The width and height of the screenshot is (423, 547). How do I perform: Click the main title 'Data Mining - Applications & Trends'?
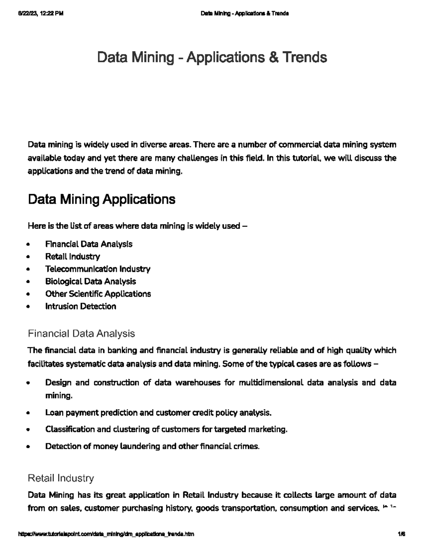(x=212, y=57)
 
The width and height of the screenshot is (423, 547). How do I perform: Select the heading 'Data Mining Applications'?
(x=102, y=199)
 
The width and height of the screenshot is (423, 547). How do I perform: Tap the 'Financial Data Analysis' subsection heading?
(x=81, y=333)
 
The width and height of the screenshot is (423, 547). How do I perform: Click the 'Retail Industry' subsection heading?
(x=61, y=478)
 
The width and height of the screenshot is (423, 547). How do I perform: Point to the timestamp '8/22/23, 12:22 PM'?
(x=40, y=14)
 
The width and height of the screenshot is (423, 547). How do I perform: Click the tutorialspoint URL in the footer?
(x=106, y=534)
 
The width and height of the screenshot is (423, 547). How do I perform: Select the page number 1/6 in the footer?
(x=401, y=534)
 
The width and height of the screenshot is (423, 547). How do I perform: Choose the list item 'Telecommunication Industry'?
(x=98, y=269)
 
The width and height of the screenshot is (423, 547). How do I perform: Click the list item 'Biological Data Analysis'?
(x=90, y=281)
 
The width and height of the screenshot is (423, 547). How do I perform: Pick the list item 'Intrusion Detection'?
(x=80, y=306)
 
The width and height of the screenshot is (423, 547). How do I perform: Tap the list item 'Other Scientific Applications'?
(x=98, y=294)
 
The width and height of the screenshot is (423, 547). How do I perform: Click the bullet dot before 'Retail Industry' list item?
(x=28, y=257)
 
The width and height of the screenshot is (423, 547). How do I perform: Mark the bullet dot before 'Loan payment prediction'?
(x=28, y=413)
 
